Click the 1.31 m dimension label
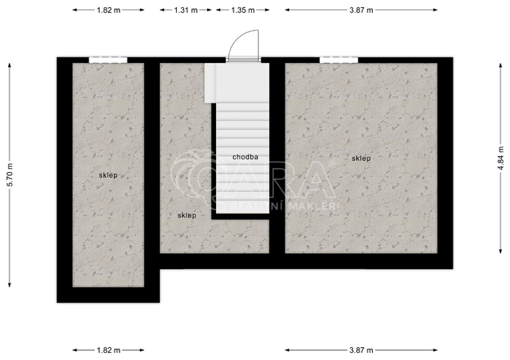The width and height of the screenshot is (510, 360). [186, 10]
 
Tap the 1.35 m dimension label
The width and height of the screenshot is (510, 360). [243, 10]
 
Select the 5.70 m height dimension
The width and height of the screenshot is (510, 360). [10, 174]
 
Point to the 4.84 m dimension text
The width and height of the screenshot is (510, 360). [501, 158]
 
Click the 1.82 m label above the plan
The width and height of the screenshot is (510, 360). [108, 10]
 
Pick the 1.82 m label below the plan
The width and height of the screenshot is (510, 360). [108, 350]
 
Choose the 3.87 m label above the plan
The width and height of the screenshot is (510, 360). [361, 10]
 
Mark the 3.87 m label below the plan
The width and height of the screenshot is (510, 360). [361, 350]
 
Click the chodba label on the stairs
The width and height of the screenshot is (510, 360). [245, 157]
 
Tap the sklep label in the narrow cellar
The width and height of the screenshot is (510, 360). [108, 175]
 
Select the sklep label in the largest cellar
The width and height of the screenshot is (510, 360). [361, 158]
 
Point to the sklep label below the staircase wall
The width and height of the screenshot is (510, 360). [187, 215]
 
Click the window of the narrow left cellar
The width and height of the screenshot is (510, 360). [108, 61]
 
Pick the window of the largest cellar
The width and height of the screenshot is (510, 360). [339, 61]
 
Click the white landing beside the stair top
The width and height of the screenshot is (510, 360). [210, 83]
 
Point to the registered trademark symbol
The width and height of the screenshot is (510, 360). [331, 165]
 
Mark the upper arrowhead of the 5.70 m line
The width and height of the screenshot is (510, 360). [10, 65]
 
